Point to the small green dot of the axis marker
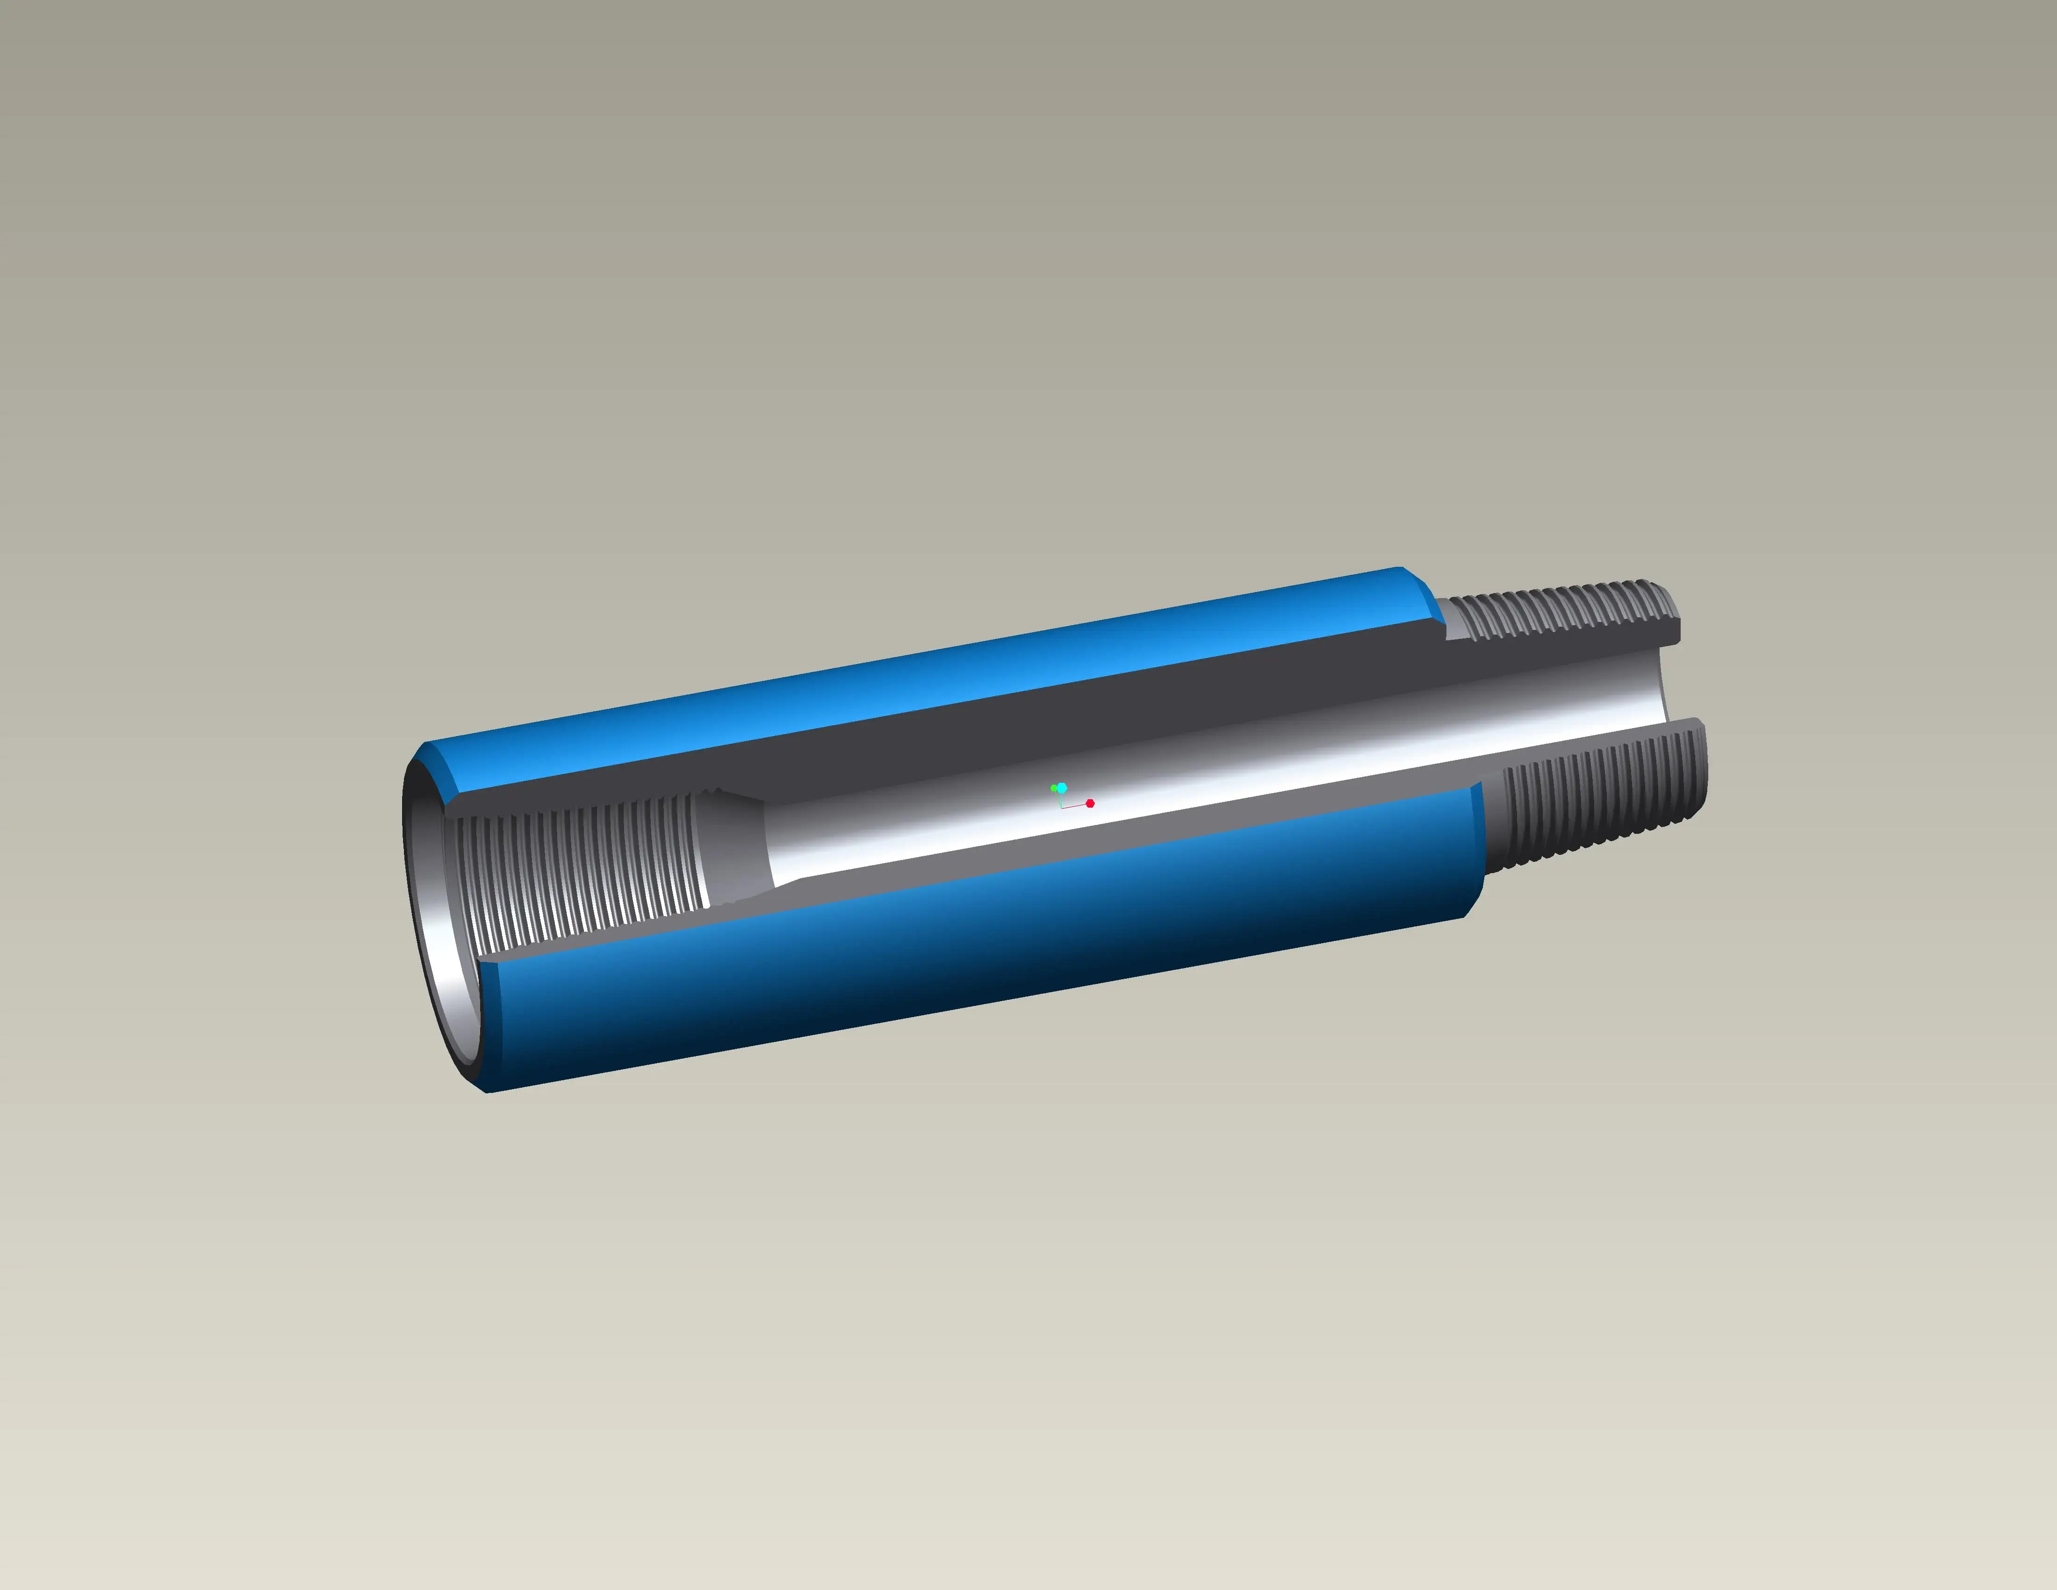[1053, 788]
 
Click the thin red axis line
[1076, 805]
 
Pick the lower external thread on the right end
[1601, 801]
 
